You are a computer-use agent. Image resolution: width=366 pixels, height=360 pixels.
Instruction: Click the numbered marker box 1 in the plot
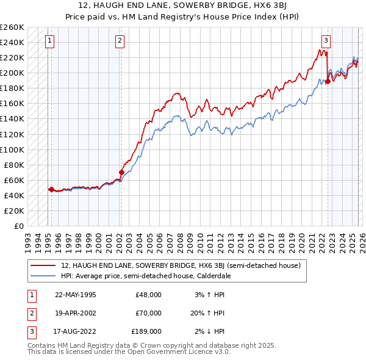[49, 41]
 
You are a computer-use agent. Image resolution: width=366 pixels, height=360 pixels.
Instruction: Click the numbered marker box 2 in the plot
[120, 41]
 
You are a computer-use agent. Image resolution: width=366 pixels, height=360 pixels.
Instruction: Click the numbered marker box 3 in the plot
[326, 41]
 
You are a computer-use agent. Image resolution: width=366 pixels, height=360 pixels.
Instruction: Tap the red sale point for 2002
[121, 172]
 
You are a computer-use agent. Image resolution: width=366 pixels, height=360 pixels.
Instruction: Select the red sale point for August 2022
[328, 81]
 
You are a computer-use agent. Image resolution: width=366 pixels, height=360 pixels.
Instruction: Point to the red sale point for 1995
[51, 189]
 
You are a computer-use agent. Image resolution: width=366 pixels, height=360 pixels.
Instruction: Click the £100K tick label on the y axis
[12, 149]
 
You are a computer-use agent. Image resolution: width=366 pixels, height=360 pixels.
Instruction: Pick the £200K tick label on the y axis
[12, 73]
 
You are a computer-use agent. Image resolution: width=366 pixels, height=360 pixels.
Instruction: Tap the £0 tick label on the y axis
[18, 226]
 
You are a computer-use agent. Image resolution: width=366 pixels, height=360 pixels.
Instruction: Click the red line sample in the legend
[43, 266]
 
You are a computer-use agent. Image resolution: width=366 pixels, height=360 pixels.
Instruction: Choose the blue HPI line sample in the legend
[43, 276]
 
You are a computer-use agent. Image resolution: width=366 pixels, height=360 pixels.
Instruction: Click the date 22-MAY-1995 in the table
[75, 295]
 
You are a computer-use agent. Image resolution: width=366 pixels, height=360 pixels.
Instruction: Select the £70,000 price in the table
[148, 313]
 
